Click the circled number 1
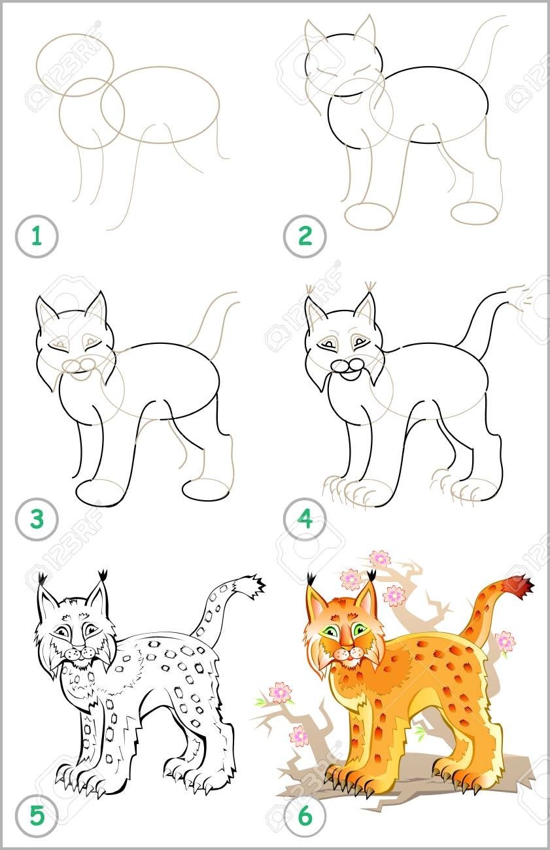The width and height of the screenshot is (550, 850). pos(37,237)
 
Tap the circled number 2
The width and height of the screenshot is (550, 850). pos(305,237)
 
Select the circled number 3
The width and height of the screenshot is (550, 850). pos(37,519)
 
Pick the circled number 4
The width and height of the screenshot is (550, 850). pos(305,519)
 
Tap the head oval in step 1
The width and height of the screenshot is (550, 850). pos(76,65)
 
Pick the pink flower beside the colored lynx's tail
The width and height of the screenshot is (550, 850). pos(505,641)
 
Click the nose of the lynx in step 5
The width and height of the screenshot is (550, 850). pos(79,646)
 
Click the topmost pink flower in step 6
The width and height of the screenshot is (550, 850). pos(379,559)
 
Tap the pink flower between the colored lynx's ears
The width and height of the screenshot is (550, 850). pos(351,579)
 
